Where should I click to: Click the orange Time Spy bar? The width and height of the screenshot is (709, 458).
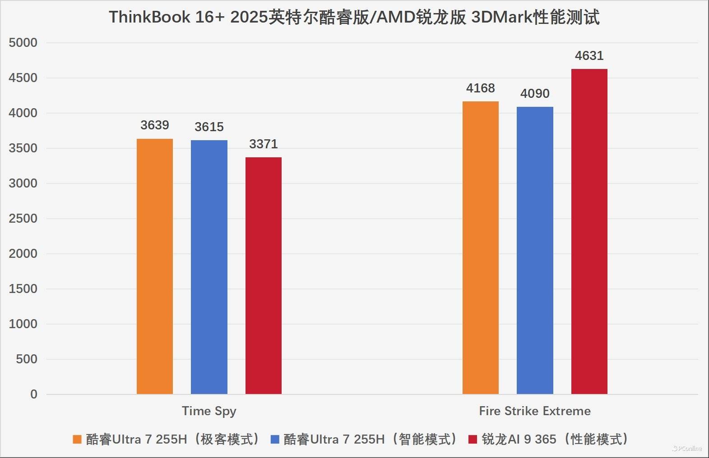tap(155, 266)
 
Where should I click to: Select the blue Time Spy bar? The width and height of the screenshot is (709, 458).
tap(209, 267)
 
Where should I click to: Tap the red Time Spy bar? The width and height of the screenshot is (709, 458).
tap(264, 276)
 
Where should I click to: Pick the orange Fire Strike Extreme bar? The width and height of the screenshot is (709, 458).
tap(481, 248)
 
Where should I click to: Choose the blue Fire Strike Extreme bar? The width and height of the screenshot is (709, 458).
tap(535, 251)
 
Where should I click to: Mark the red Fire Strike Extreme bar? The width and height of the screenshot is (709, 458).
tap(589, 232)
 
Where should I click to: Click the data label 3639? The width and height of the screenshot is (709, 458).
tap(155, 125)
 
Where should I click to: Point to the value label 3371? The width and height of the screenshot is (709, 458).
tap(264, 144)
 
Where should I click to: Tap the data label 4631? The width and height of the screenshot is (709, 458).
tap(589, 55)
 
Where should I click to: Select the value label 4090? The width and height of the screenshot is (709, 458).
tap(535, 93)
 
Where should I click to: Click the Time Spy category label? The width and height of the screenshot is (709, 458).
tap(209, 411)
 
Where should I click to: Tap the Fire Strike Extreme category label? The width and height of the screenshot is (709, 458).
tap(535, 411)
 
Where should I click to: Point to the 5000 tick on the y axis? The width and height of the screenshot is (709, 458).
tap(23, 43)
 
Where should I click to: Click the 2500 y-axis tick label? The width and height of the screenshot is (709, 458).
tap(23, 219)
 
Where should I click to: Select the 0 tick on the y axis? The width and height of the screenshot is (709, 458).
tap(34, 394)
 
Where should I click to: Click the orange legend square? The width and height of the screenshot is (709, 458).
tap(77, 440)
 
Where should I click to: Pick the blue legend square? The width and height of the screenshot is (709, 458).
tap(275, 440)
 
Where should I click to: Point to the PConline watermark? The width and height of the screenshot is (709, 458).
tap(687, 449)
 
